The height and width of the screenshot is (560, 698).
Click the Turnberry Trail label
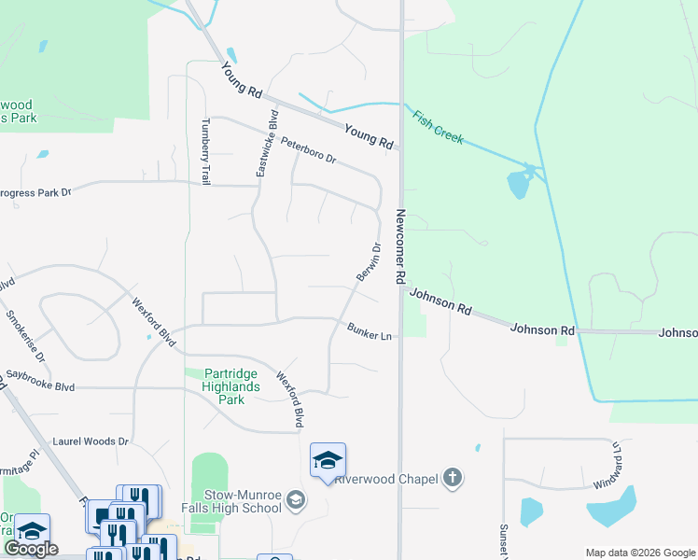[206, 152]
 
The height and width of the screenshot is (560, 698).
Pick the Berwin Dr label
[368, 262]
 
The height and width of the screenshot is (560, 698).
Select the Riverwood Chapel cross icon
[452, 479]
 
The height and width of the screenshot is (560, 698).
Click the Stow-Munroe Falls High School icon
[296, 501]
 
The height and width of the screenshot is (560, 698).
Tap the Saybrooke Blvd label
[40, 385]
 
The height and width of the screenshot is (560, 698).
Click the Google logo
[31, 549]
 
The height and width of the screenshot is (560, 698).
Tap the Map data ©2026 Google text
[639, 552]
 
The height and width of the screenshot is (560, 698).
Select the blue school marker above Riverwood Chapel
[328, 460]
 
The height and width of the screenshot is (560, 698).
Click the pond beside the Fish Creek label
[519, 184]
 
